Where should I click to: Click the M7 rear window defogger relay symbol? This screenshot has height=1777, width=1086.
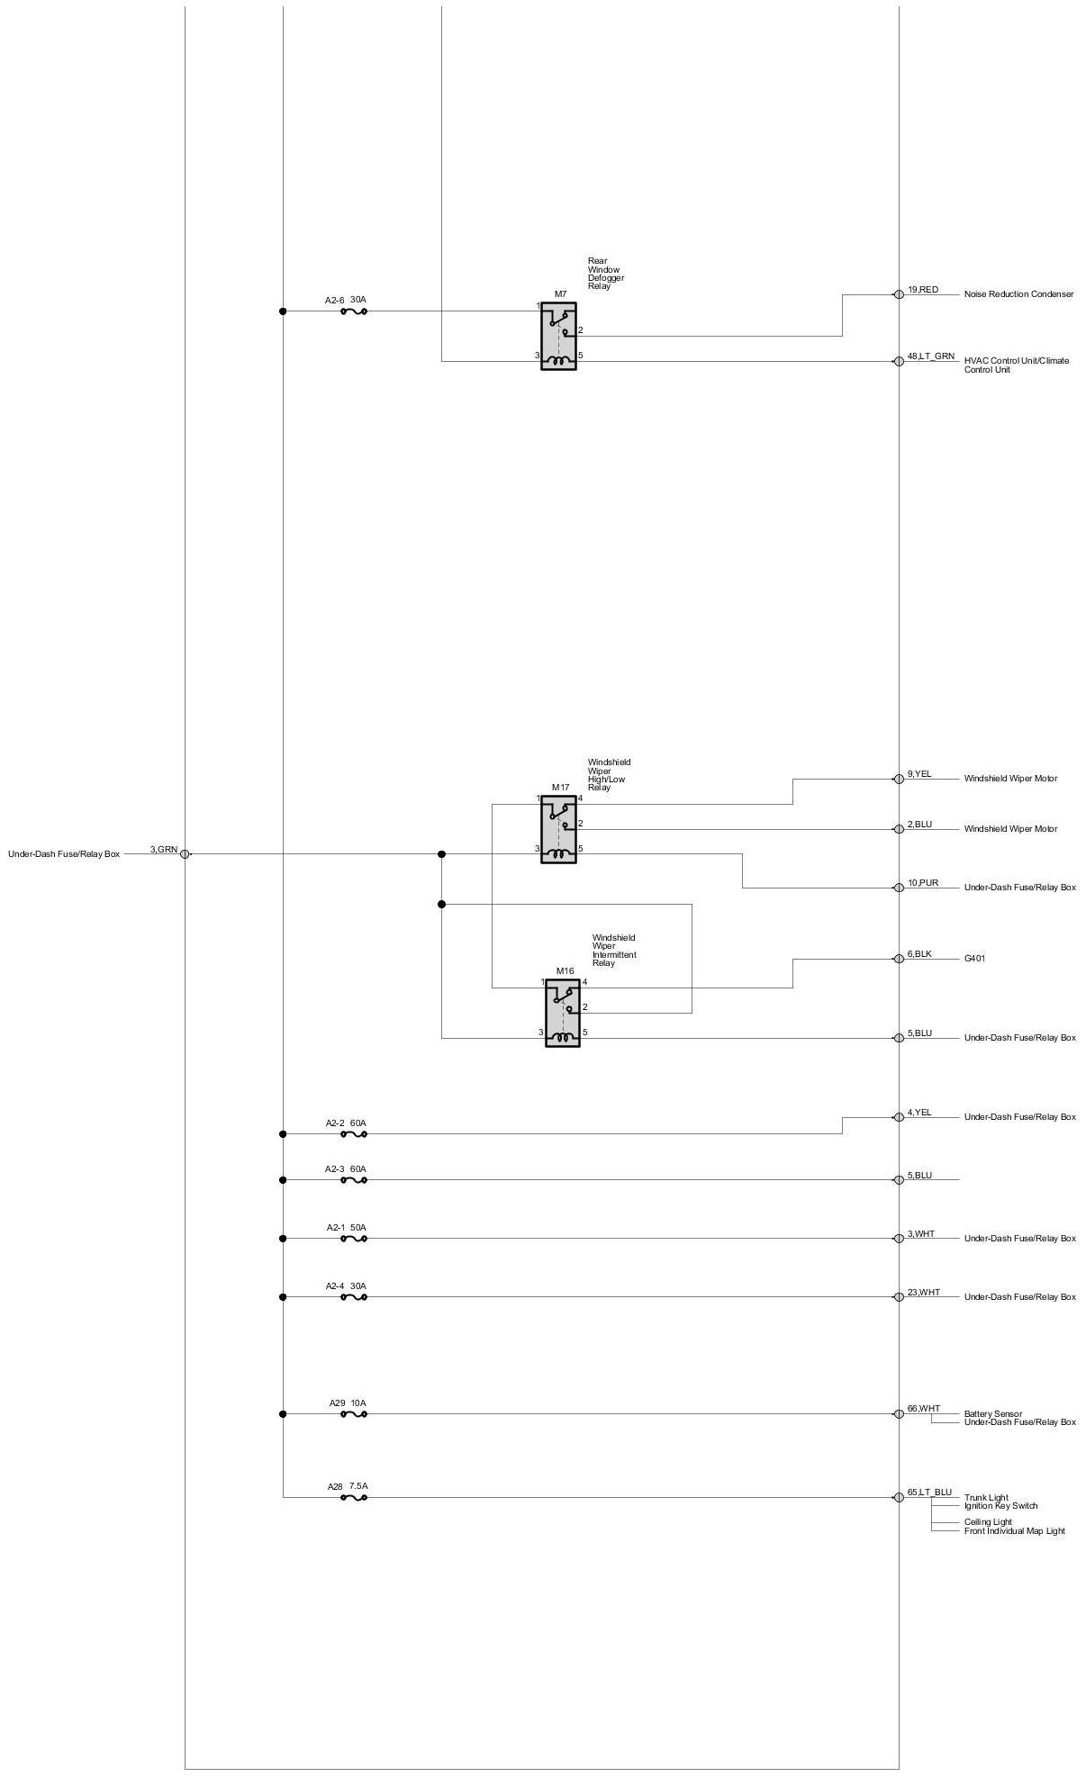558,336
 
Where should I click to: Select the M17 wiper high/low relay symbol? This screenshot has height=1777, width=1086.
558,829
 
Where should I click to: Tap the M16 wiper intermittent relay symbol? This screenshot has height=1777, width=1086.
563,1013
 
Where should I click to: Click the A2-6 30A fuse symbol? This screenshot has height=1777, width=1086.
353,311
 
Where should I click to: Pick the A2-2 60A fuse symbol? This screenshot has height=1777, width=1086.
353,1134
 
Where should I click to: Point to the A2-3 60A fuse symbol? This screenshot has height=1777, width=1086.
353,1179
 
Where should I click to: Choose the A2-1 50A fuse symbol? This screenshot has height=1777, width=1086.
353,1239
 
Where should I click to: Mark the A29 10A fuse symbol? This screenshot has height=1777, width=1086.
353,1414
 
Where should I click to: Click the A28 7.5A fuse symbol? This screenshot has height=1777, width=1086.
353,1497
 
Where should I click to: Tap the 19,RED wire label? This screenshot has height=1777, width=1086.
923,290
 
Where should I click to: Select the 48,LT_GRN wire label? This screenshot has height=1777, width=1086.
930,356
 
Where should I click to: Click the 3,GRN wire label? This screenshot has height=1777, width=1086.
164,849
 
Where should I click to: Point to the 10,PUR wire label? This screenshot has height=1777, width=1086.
923,883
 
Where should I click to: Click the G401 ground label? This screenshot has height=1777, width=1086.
974,959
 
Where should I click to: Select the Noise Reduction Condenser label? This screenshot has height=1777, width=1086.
1018,294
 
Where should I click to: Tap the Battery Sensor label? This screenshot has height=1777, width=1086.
992,1413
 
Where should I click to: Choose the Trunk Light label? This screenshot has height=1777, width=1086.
986,1498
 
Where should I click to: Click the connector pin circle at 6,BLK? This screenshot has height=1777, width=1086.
899,959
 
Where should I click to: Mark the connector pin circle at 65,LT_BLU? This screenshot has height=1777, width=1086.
899,1497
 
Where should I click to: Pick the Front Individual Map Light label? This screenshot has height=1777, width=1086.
1014,1530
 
